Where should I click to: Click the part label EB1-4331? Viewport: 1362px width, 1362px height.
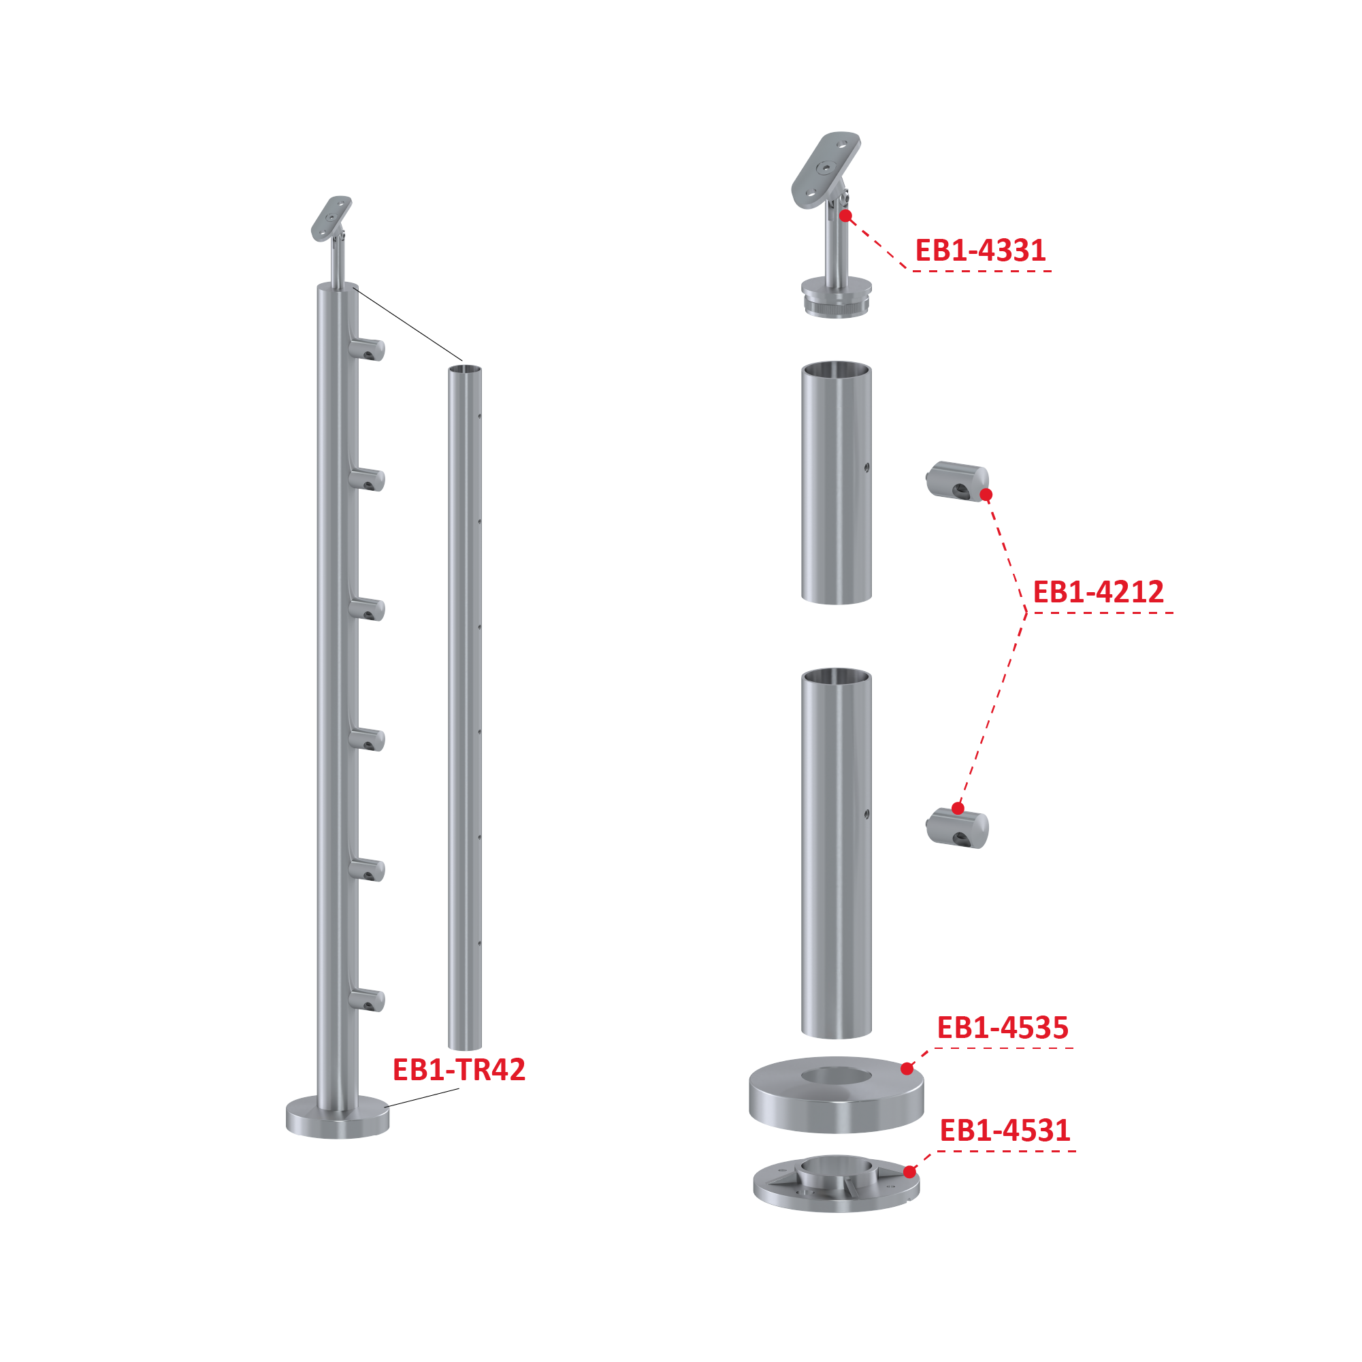point(980,250)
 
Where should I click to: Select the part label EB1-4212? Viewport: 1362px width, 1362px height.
point(1098,592)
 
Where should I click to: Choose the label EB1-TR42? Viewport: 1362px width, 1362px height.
point(459,1069)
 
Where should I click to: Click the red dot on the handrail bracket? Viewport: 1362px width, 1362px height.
point(846,216)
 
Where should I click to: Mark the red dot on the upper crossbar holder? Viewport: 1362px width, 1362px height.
point(986,495)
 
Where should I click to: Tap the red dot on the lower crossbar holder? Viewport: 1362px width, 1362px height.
point(957,808)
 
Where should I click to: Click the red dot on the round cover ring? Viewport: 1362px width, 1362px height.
point(907,1069)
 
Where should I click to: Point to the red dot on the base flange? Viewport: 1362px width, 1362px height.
point(910,1171)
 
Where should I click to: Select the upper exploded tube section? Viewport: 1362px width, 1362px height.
point(836,483)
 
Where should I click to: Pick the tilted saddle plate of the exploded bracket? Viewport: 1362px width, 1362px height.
point(826,170)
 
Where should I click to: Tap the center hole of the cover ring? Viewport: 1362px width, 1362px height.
point(836,1075)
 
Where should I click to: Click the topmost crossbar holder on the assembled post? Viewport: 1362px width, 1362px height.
point(367,349)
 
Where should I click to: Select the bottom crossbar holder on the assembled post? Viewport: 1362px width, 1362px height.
point(367,1000)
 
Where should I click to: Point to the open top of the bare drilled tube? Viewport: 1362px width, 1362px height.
point(466,370)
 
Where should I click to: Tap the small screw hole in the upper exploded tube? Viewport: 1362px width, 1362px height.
point(866,468)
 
